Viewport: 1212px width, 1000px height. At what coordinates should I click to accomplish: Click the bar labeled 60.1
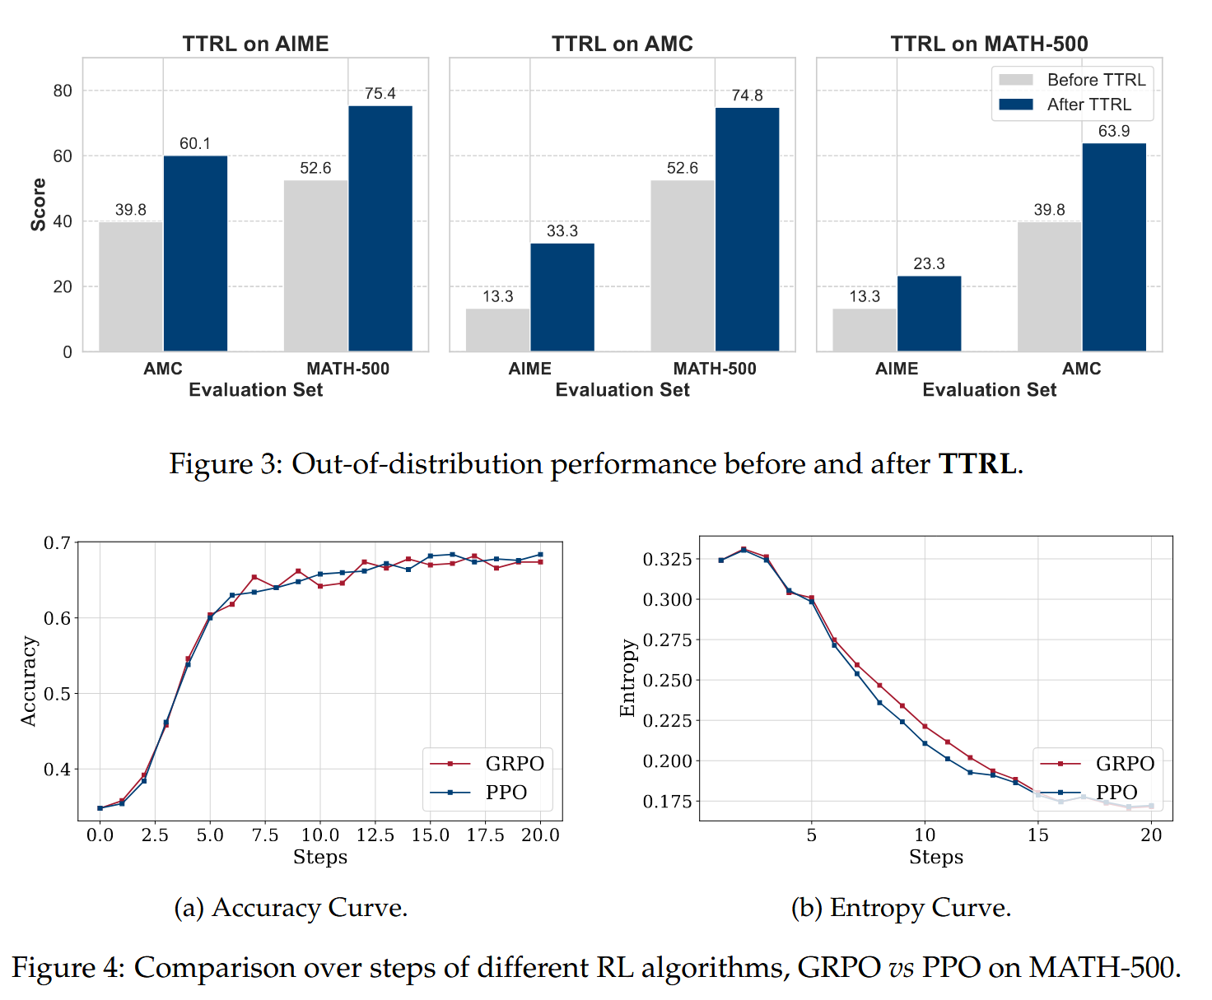coord(195,253)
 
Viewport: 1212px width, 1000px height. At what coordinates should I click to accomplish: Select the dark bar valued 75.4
coord(380,228)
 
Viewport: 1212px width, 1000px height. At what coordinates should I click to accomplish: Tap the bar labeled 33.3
coord(562,297)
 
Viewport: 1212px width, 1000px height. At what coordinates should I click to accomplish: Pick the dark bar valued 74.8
coord(747,230)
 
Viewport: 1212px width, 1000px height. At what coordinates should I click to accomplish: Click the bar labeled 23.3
coord(929,314)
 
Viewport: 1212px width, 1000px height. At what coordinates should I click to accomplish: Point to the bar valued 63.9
coord(1114,247)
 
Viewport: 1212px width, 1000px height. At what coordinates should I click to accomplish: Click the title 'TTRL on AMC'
coord(622,44)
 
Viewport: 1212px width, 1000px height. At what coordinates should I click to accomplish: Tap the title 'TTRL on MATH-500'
coord(989,44)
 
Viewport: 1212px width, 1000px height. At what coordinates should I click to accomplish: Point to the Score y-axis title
coord(38,204)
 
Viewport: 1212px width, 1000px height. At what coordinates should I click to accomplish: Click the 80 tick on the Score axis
coord(63,91)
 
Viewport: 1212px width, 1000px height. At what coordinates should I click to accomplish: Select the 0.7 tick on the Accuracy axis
coord(57,543)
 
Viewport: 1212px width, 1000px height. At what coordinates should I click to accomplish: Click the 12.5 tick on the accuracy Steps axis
coord(375,835)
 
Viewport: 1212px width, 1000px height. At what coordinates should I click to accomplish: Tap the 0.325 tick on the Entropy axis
coord(667,560)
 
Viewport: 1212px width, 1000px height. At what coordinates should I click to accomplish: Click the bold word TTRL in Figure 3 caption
coord(977,463)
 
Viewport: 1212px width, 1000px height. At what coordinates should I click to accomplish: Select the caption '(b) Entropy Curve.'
coord(901,907)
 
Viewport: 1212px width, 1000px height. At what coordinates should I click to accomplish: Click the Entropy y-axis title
coord(627,677)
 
